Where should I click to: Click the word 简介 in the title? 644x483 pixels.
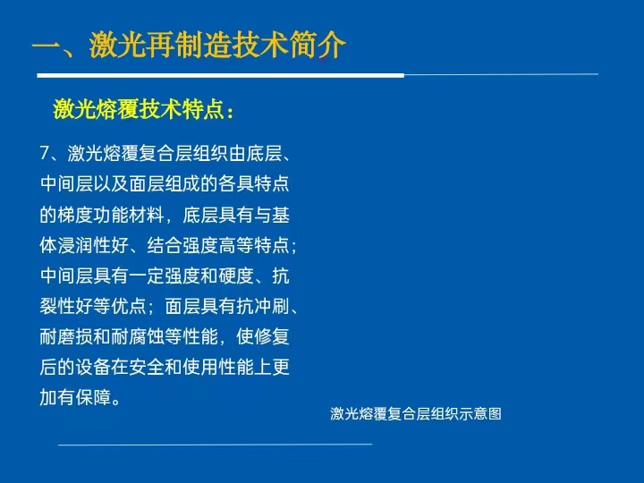(318, 45)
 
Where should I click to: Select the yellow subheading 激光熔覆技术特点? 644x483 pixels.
(139, 109)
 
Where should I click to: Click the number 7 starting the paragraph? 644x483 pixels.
(45, 153)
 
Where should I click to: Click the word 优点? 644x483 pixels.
(129, 306)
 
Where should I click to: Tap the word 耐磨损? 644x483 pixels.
(66, 336)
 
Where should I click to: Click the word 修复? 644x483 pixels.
(272, 336)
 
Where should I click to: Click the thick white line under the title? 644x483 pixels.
(221, 75)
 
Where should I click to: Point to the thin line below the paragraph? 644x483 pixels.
(216, 444)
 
